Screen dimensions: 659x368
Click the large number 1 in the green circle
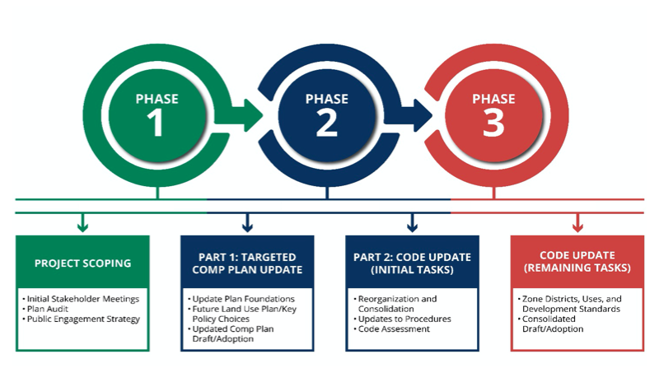coord(156,122)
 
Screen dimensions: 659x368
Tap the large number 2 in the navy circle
coord(327,122)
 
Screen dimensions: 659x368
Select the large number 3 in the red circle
coord(493,122)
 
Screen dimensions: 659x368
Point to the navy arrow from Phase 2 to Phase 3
coord(408,115)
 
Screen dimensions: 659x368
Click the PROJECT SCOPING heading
coord(83,263)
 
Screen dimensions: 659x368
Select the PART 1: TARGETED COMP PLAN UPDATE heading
coord(247,263)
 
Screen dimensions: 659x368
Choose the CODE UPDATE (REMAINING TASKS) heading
coord(577,262)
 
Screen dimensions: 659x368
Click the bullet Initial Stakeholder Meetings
coord(81,299)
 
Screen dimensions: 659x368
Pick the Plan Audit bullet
coord(45,309)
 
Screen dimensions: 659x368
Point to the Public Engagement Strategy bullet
coord(81,319)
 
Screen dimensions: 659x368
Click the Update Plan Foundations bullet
coord(241,299)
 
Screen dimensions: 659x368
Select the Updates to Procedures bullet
coord(402,319)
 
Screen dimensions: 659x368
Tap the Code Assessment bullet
coord(392,329)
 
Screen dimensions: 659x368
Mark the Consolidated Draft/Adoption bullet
coord(550,324)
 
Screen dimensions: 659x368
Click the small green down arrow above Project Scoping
coord(83,222)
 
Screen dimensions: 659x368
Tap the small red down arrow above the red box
coord(577,222)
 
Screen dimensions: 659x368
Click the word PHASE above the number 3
coord(493,99)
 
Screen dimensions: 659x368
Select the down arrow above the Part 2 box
coord(413,222)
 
